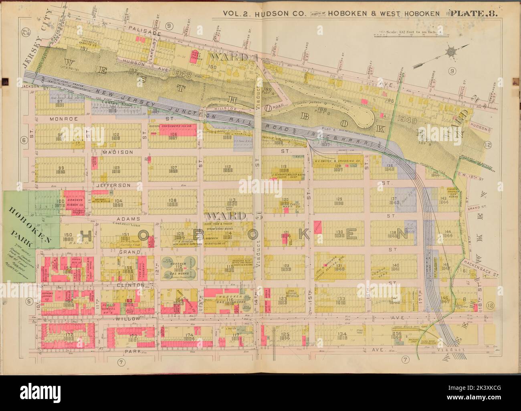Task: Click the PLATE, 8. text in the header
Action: click(x=474, y=13)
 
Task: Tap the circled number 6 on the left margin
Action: click(x=24, y=140)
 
